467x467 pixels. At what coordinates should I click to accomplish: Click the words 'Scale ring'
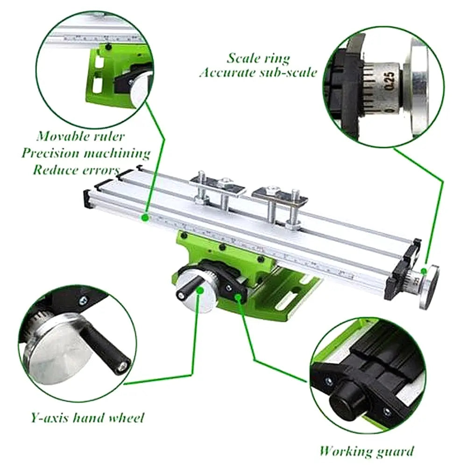click(258, 58)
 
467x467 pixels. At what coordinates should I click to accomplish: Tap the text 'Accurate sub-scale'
click(258, 73)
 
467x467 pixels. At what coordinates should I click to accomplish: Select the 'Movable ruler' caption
click(81, 136)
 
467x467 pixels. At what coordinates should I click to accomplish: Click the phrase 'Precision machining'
click(85, 153)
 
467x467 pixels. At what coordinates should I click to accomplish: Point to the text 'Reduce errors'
click(76, 169)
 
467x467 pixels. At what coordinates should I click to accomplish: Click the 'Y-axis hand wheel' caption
click(88, 417)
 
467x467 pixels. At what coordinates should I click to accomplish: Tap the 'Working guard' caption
click(366, 451)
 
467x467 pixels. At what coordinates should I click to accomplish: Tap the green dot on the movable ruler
click(145, 217)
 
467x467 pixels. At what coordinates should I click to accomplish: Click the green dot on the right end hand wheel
click(423, 271)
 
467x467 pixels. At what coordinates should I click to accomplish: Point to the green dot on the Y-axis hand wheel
click(200, 290)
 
